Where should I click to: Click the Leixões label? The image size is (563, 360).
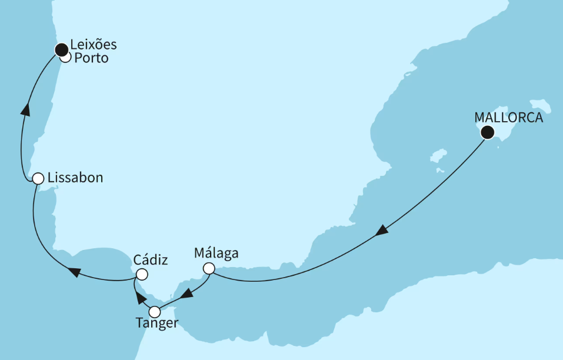tap(94, 45)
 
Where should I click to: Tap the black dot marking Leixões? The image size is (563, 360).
tap(61, 49)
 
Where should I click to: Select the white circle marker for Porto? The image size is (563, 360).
tap(66, 58)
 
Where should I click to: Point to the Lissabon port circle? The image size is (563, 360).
tap(38, 178)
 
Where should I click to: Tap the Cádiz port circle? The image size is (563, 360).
tap(142, 275)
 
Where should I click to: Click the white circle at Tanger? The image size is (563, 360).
tap(155, 312)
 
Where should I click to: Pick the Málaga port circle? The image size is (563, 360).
tap(209, 269)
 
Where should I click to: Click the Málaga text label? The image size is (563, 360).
tap(216, 254)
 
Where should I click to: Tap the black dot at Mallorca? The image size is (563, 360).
tap(487, 132)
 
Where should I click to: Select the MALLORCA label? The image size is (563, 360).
tap(509, 118)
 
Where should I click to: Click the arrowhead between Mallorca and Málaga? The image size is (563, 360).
tap(382, 232)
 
